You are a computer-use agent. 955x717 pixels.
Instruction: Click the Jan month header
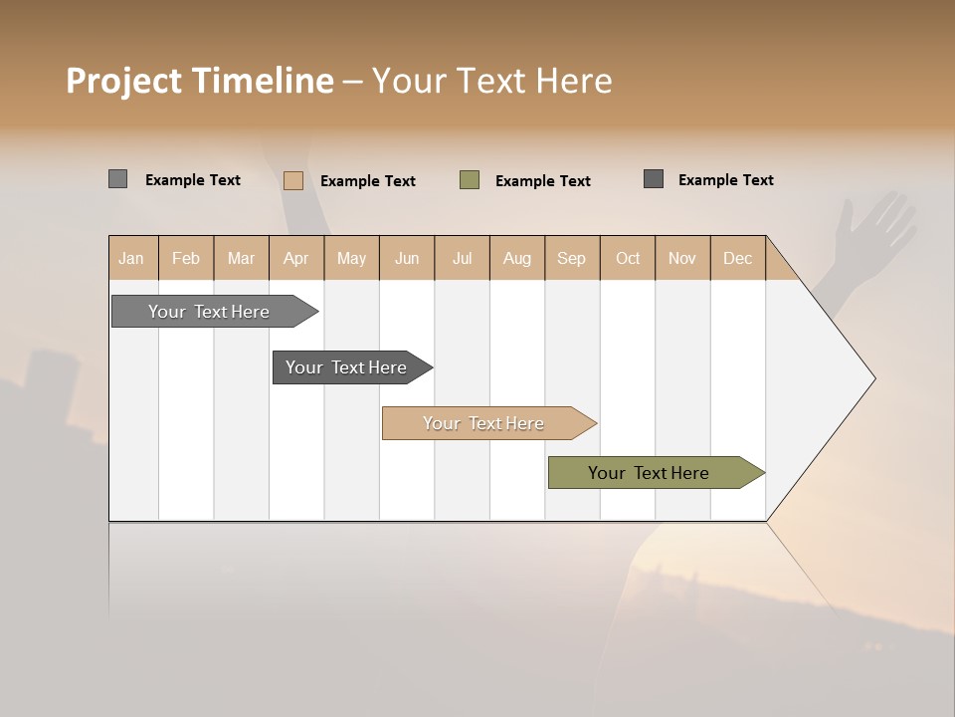[x=131, y=258]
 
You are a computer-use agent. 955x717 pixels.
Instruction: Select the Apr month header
[x=295, y=258]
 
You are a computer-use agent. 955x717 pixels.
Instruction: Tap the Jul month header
[x=462, y=258]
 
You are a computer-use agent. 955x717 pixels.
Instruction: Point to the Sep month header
[x=571, y=258]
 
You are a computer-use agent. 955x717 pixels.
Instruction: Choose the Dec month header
[x=737, y=258]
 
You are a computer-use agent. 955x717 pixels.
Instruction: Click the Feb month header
[x=186, y=258]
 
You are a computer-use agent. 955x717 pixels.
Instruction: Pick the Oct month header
[x=628, y=258]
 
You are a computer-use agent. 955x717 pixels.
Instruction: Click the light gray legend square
[x=117, y=179]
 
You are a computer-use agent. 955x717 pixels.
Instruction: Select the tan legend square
[x=292, y=180]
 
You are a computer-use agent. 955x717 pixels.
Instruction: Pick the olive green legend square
[x=470, y=180]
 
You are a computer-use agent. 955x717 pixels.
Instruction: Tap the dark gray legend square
[x=654, y=179]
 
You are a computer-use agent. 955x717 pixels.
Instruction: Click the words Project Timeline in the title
[x=199, y=81]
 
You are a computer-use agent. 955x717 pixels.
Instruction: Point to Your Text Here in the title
[x=491, y=81]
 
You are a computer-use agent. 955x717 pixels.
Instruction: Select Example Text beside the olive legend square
[x=542, y=181]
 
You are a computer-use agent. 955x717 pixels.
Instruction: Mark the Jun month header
[x=407, y=258]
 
